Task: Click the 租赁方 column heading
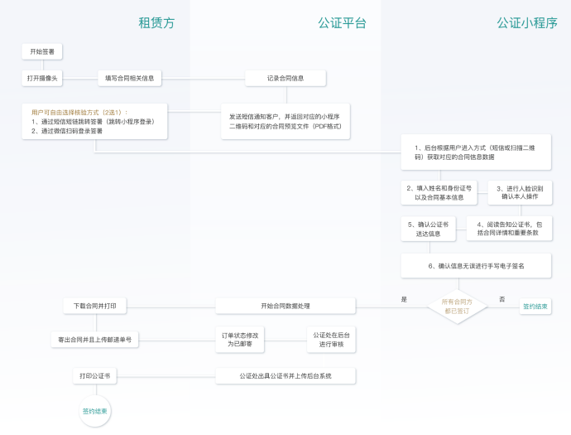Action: point(157,23)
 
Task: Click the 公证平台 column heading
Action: point(342,23)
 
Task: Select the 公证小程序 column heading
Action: point(527,23)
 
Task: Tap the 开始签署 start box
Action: point(41,51)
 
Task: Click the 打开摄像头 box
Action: point(42,78)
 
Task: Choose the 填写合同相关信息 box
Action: point(129,78)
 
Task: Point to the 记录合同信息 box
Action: point(285,78)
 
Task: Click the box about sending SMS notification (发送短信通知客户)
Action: point(285,122)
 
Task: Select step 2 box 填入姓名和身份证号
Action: point(439,193)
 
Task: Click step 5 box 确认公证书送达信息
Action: point(429,229)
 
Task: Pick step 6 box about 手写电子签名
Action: point(476,266)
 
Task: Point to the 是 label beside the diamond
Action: point(404,299)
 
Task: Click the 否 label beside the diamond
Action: point(501,299)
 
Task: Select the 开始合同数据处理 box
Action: point(285,306)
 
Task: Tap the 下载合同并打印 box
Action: point(95,306)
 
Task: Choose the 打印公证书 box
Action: point(95,376)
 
